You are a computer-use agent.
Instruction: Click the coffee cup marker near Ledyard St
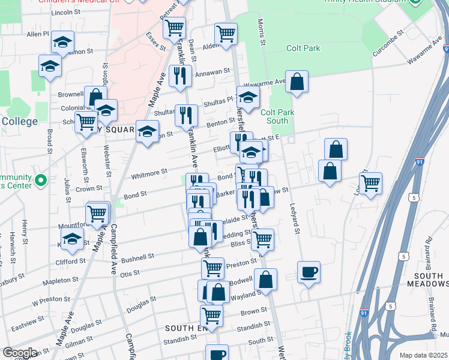(309, 272)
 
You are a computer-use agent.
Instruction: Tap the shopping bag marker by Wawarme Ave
(297, 82)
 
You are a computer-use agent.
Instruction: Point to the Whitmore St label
(149, 173)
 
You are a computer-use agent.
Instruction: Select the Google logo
(20, 353)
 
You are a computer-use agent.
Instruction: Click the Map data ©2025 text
(423, 355)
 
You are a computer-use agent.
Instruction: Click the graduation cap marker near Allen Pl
(62, 42)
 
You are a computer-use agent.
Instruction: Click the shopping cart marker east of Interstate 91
(371, 183)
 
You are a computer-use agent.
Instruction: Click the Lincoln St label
(66, 12)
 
